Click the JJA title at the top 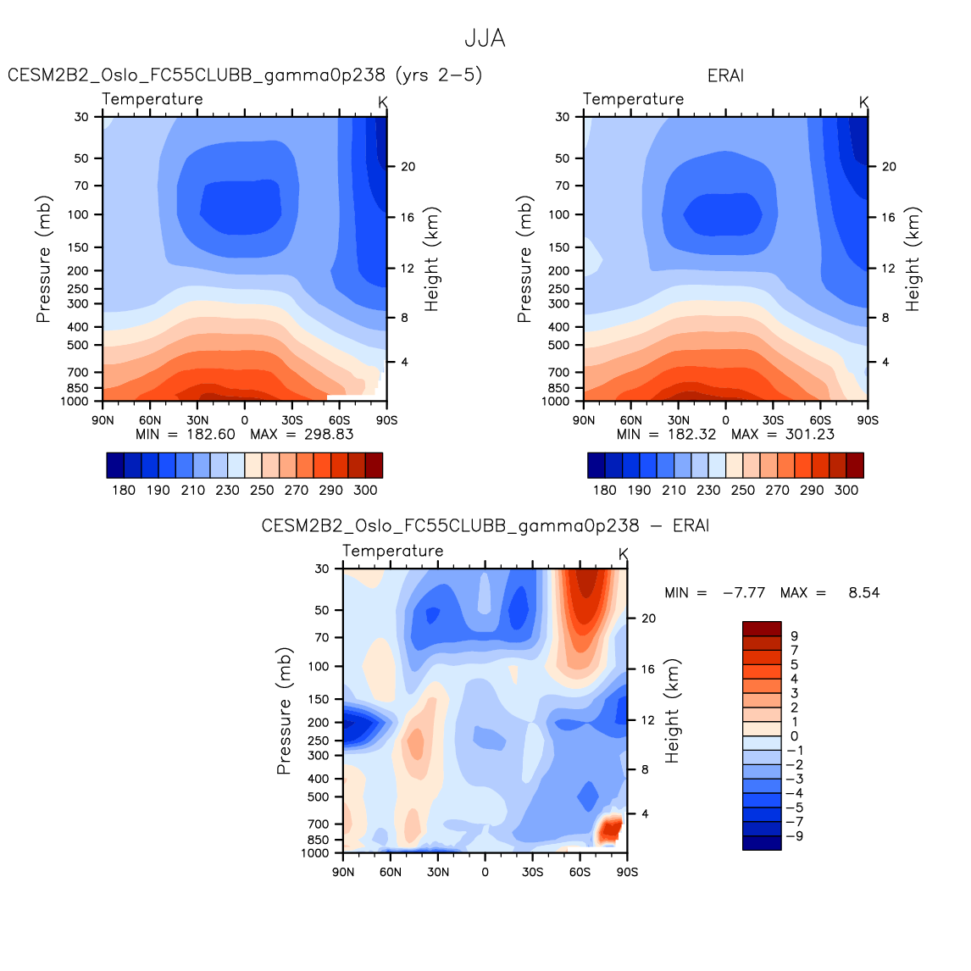(485, 39)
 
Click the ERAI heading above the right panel (725, 75)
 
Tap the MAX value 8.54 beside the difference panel (863, 592)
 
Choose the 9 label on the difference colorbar (794, 635)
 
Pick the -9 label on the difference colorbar (795, 836)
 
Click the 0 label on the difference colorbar (794, 736)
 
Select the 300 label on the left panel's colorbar (365, 490)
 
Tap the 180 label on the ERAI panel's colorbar (604, 490)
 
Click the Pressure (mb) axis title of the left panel (44, 259)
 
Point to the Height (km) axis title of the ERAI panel (913, 259)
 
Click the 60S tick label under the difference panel (580, 872)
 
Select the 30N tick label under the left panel (197, 419)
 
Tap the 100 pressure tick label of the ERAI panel (559, 214)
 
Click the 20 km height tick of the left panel (408, 167)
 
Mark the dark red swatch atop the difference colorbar (762, 628)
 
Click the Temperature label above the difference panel (393, 551)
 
